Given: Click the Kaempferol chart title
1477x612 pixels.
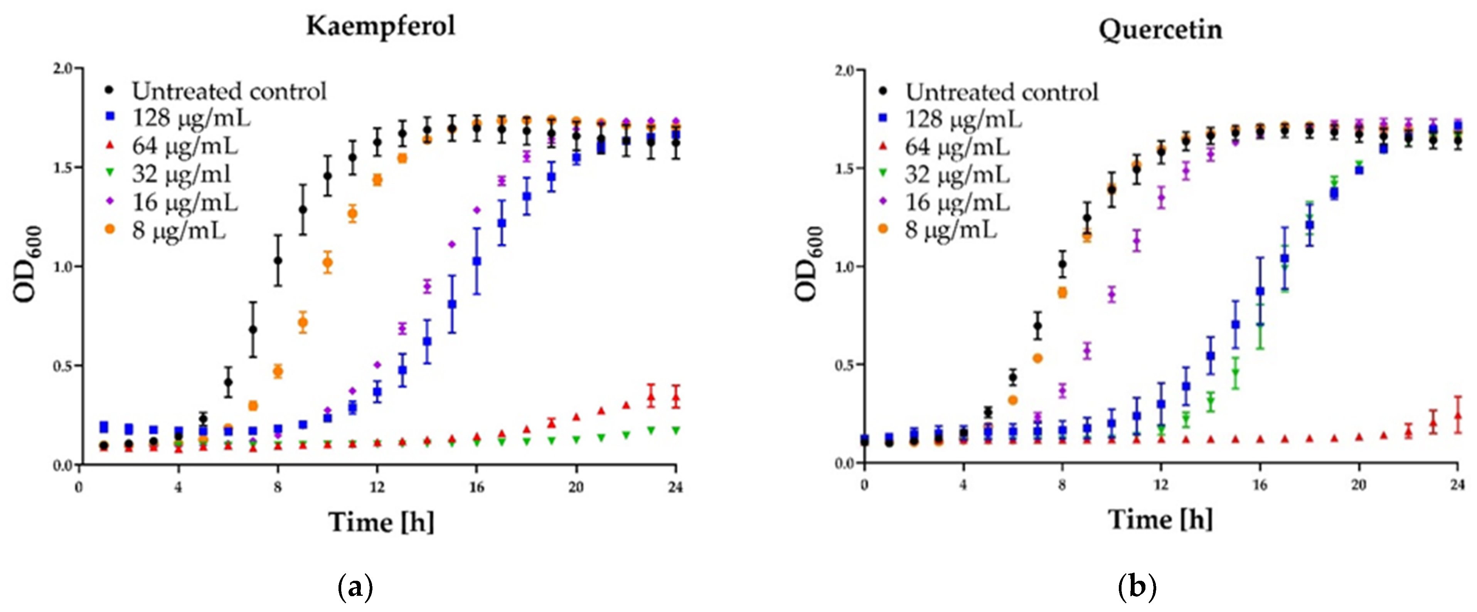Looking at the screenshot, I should (381, 26).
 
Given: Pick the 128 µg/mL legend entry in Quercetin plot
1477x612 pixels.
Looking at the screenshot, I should (963, 119).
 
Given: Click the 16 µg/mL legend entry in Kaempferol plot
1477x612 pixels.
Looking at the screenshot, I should (185, 202).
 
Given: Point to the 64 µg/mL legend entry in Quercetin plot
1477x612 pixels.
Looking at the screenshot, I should (957, 147).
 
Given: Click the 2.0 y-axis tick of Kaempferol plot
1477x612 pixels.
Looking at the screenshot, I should (63, 69).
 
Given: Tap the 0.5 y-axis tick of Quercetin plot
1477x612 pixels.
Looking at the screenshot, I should (845, 365).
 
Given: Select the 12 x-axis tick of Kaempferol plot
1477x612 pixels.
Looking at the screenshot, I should (377, 487).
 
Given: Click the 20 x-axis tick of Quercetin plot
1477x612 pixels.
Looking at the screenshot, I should (1358, 485).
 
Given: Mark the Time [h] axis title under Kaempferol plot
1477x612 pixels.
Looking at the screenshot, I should (381, 522).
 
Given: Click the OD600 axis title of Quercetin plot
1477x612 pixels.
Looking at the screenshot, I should (809, 264).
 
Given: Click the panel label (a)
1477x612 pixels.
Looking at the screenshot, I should (355, 588).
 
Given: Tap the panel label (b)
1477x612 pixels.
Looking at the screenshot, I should (1137, 588).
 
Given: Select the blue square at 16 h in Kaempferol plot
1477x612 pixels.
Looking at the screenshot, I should (476, 261).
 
